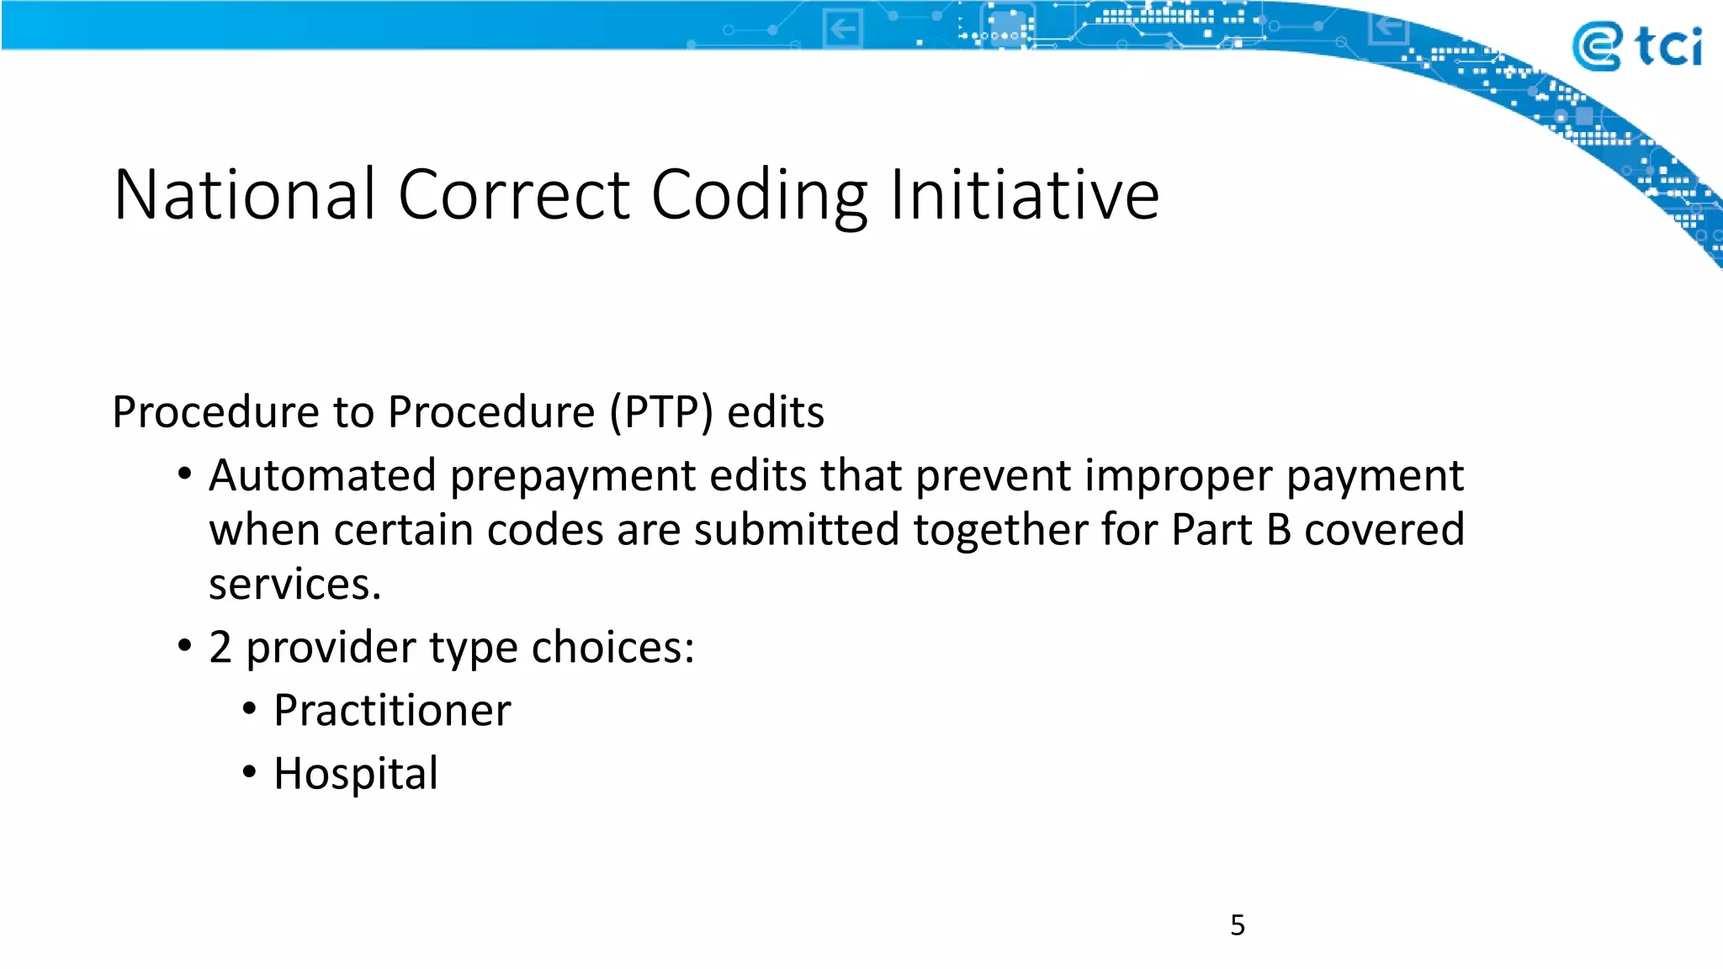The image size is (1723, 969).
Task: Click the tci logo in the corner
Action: [x=1636, y=47]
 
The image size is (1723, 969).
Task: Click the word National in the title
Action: [x=244, y=195]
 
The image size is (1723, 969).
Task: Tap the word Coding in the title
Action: [x=759, y=195]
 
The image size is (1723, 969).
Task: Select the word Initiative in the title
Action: [x=1024, y=195]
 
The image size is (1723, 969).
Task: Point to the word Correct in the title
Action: [x=513, y=195]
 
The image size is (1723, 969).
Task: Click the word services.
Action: [x=294, y=584]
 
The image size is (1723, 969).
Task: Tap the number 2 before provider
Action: [x=220, y=647]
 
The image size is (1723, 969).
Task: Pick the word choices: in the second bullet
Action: [x=612, y=647]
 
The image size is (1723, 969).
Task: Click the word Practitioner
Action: [x=392, y=710]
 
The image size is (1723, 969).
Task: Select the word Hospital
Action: [x=356, y=773]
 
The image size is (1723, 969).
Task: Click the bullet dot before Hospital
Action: [x=249, y=771]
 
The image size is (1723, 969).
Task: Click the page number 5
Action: [x=1237, y=925]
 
